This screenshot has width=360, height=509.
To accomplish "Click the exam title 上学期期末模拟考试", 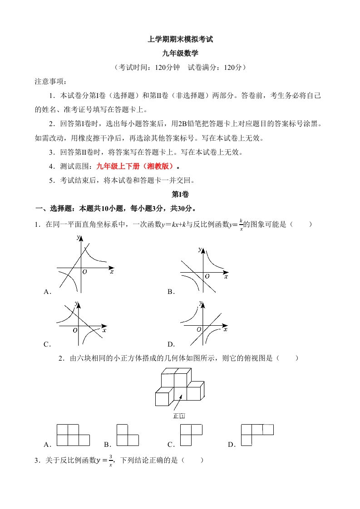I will (x=180, y=39).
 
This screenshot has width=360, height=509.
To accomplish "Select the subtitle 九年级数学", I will (x=180, y=53).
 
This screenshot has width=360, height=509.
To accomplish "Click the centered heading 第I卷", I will (x=180, y=194).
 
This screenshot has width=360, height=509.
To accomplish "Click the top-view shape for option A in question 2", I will (x=73, y=435).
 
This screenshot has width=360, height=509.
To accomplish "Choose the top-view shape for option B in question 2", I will (x=128, y=435).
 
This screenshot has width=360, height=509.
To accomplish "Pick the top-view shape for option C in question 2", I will (x=191, y=435).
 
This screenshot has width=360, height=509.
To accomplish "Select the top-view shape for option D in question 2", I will (x=256, y=434).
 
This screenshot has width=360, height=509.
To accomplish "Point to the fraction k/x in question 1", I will (x=241, y=225).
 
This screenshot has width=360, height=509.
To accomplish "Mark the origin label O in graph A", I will (x=85, y=271).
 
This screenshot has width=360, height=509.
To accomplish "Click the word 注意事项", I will (x=50, y=82).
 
